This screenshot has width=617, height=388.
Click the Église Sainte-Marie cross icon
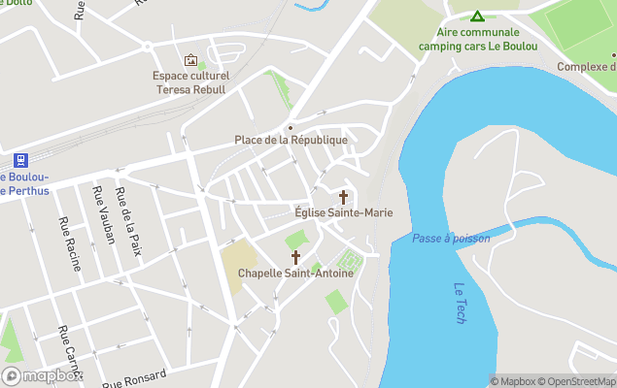click(x=343, y=197)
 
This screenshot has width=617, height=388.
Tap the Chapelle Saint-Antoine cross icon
click(x=296, y=257)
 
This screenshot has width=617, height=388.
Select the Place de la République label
click(x=291, y=140)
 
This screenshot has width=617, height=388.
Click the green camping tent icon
click(x=477, y=16)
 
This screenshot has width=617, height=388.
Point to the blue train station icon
click(x=18, y=160)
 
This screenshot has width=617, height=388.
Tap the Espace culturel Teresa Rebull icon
click(x=190, y=60)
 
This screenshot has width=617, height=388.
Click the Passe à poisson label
click(x=451, y=238)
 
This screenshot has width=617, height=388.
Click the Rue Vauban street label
click(x=102, y=214)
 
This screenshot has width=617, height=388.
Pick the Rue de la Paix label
click(x=128, y=215)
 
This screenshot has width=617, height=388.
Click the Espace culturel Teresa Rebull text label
click(x=190, y=82)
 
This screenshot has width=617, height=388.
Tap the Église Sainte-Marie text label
click(x=343, y=212)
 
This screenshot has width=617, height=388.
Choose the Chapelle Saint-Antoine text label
click(x=296, y=273)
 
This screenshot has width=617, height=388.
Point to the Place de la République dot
click(x=290, y=127)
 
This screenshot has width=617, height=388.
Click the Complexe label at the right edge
click(x=587, y=67)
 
